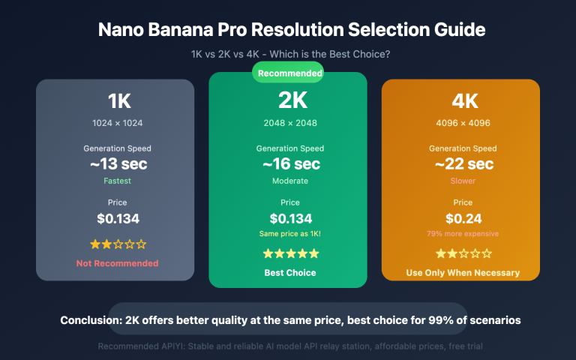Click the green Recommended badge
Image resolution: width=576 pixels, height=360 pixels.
288,73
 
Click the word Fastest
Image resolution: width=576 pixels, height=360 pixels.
118,181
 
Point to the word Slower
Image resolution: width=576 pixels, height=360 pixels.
463,181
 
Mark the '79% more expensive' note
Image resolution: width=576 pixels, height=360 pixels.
463,234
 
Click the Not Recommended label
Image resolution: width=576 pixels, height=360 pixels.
118,263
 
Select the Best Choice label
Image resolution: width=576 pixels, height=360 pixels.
290,272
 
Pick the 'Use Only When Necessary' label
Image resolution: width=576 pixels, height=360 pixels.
463,272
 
